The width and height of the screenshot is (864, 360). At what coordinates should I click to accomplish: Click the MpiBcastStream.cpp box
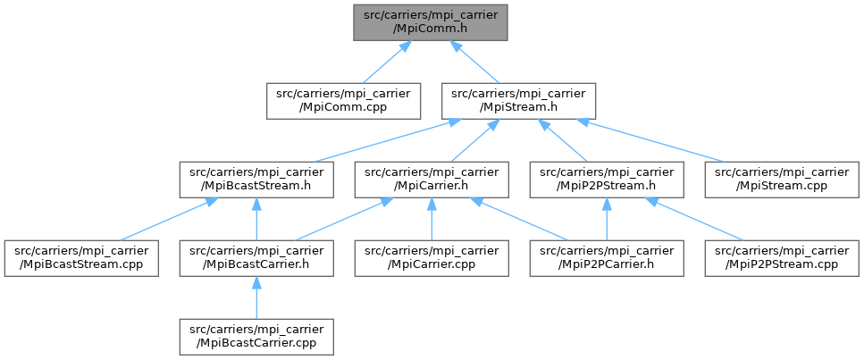pyautogui.click(x=81, y=257)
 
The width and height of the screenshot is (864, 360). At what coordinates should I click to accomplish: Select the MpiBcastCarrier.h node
pyautogui.click(x=256, y=257)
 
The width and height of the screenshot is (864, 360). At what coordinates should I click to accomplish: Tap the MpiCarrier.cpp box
pyautogui.click(x=432, y=257)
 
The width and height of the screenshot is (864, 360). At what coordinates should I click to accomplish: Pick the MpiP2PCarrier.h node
pyautogui.click(x=607, y=257)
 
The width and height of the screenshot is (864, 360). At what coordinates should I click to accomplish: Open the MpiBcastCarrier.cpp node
pyautogui.click(x=256, y=337)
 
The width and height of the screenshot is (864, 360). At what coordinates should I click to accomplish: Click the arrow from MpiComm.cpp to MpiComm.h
pyautogui.click(x=383, y=63)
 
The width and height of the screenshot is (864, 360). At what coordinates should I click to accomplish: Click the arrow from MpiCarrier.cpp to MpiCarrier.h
pyautogui.click(x=432, y=219)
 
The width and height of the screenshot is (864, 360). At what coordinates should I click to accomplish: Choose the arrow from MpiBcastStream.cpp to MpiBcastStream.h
pyautogui.click(x=165, y=220)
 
